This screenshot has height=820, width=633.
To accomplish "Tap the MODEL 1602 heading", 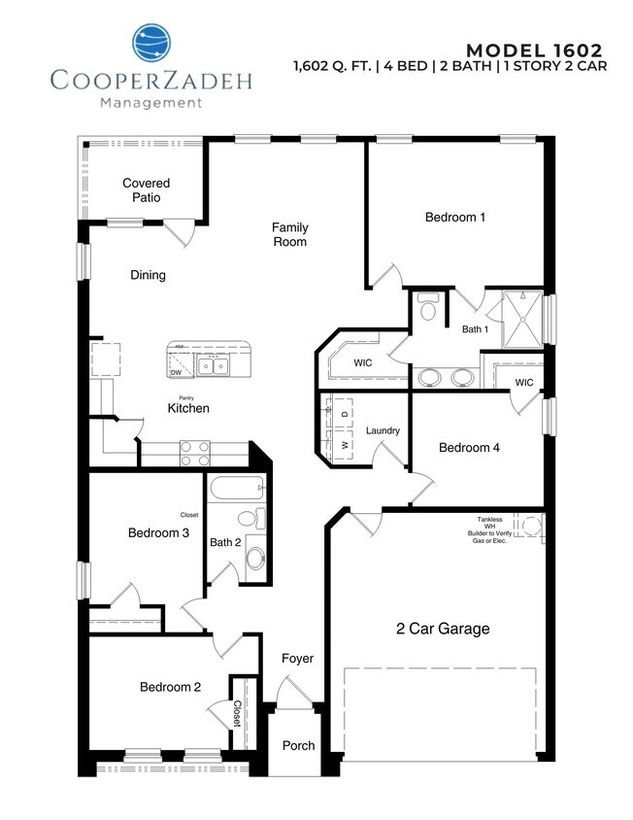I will click(534, 51).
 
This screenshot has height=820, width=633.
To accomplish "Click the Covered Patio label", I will click(146, 190).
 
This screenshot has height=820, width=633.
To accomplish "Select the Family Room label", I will click(289, 234).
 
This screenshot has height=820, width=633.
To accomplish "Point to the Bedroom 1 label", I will click(455, 217).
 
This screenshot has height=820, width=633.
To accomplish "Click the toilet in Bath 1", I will click(427, 310).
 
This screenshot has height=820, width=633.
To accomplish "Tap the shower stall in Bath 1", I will click(521, 317).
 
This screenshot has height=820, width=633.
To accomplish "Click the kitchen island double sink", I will click(212, 365).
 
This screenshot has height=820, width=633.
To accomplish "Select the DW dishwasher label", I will click(176, 372).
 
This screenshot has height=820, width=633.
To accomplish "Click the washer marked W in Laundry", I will click(343, 444).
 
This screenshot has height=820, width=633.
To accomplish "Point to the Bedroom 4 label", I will click(469, 448).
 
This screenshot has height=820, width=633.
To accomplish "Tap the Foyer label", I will click(297, 659).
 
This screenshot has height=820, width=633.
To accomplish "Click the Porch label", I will click(298, 746).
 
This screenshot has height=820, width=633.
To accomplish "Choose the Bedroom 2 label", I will click(170, 687).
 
